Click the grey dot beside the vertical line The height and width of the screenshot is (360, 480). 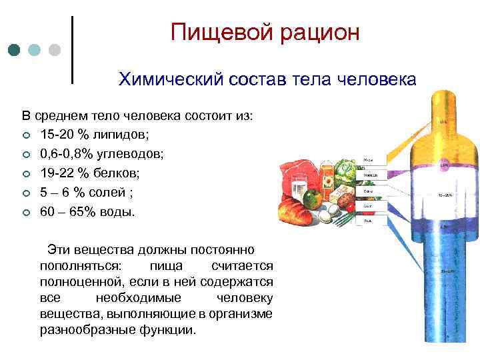click(x=55, y=50)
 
